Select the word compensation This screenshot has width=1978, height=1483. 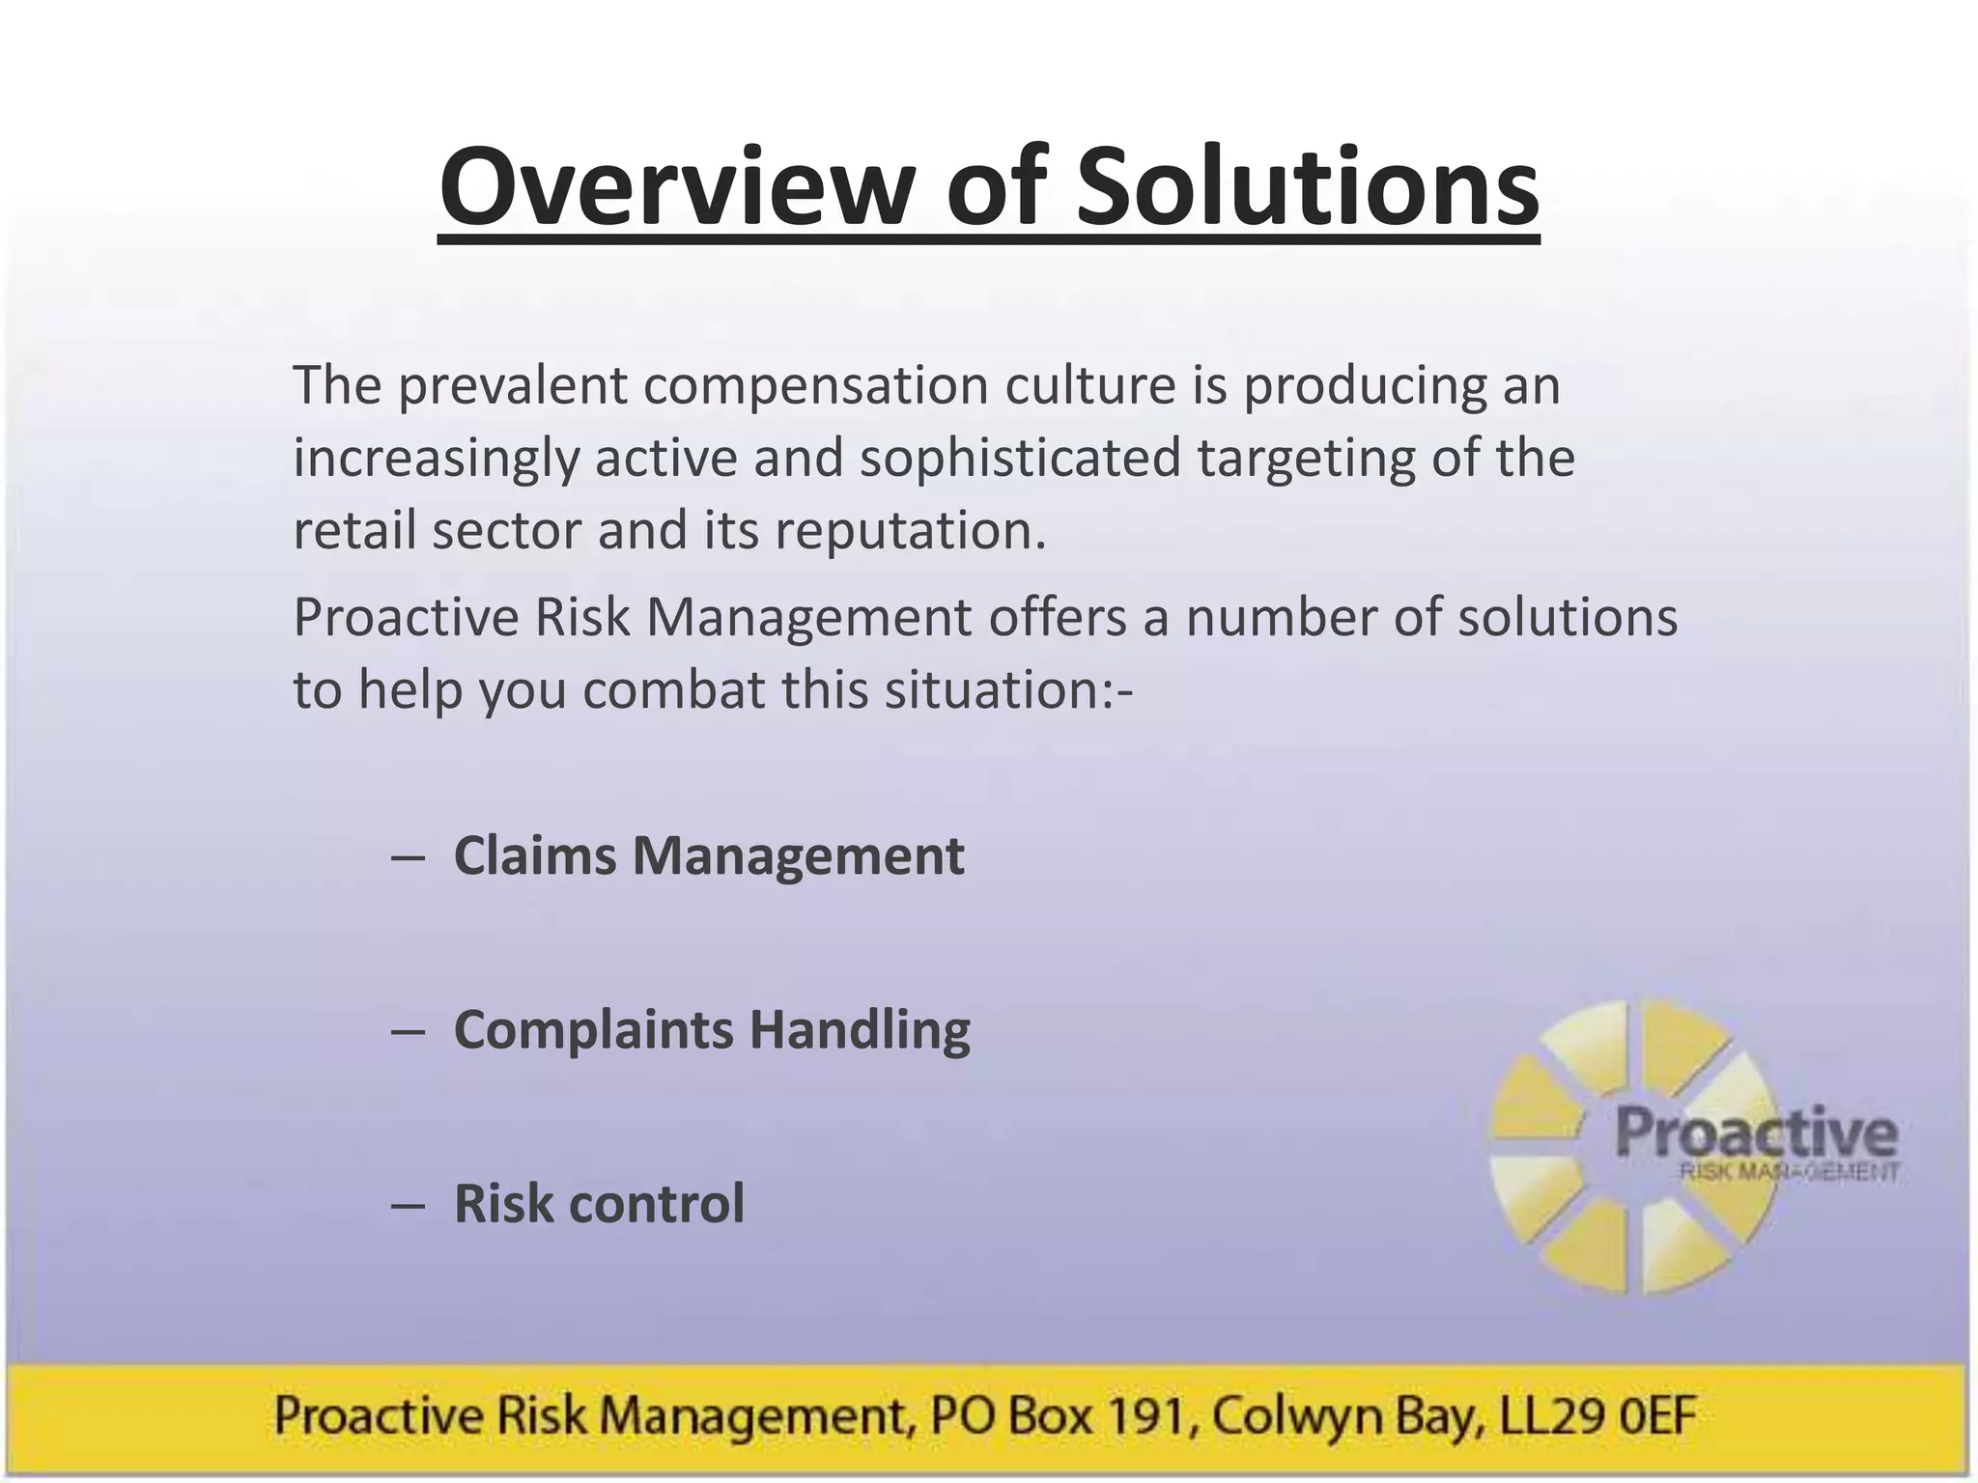click(816, 385)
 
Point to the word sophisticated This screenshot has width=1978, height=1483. click(1020, 458)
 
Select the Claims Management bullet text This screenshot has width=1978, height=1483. click(708, 855)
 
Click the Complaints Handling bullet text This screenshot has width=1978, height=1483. click(712, 1029)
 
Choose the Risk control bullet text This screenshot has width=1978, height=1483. click(599, 1203)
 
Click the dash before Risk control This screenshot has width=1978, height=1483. click(408, 1205)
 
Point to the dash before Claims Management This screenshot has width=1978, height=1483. click(408, 857)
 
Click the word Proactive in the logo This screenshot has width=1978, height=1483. click(1755, 1133)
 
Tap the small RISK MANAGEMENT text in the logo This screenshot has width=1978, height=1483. click(1789, 1173)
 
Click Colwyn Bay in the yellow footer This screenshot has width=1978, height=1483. click(1343, 1416)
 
